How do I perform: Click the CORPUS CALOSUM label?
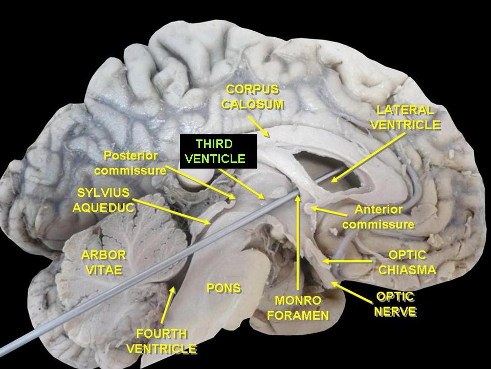(x=253, y=97)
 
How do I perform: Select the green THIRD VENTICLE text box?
(x=215, y=151)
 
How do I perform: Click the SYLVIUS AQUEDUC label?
(x=104, y=200)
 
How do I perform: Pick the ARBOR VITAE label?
(x=103, y=262)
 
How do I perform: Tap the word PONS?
(x=224, y=288)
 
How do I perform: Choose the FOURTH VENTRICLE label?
(x=161, y=341)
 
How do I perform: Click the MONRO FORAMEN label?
(x=298, y=307)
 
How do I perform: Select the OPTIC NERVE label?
(x=395, y=304)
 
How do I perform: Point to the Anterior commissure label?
(x=378, y=217)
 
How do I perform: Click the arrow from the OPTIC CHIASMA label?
(x=350, y=262)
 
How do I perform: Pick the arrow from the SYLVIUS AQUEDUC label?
(x=174, y=212)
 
